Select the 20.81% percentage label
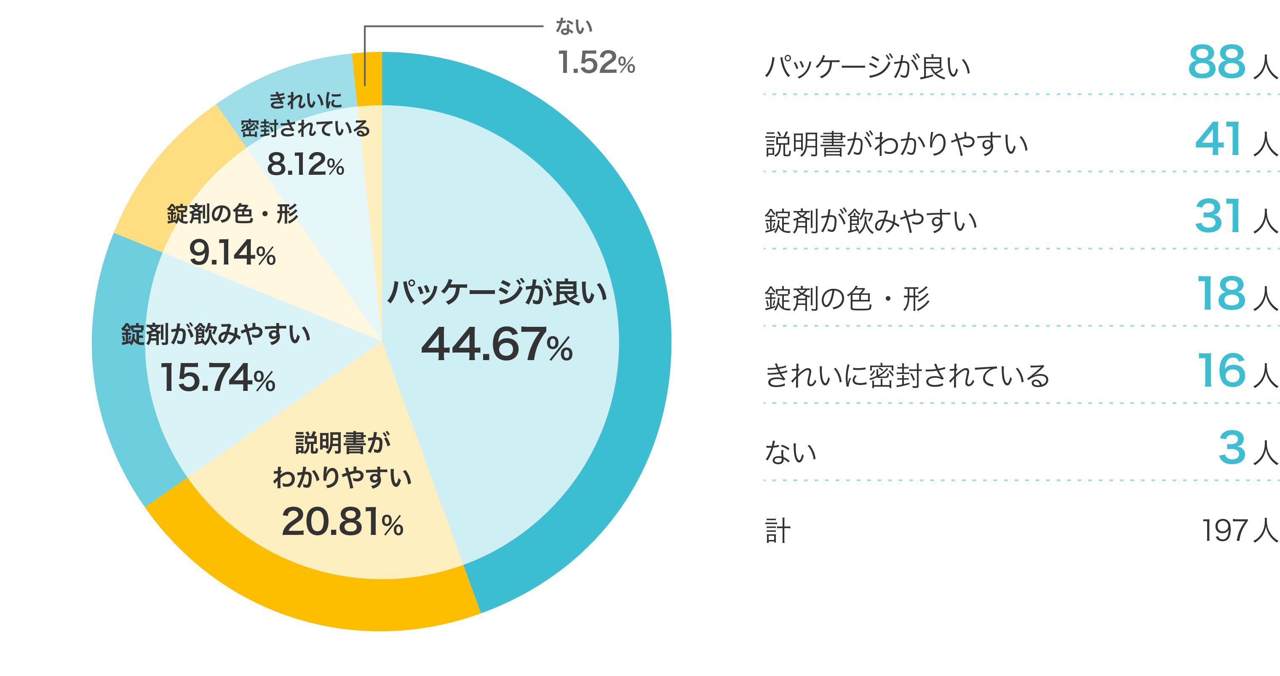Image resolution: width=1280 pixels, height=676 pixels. (x=342, y=522)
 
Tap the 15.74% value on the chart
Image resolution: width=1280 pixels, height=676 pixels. (x=217, y=378)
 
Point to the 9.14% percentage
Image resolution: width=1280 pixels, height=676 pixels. (x=232, y=253)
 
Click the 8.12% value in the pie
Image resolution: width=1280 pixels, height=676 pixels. (x=305, y=165)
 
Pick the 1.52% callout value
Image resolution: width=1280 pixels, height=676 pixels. (x=596, y=63)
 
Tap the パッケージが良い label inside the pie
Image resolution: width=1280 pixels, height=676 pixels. (x=497, y=292)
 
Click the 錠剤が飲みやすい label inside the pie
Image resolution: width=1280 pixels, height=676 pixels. (x=216, y=334)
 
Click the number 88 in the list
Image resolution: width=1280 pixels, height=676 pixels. (x=1216, y=63)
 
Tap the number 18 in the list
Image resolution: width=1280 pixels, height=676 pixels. (x=1221, y=294)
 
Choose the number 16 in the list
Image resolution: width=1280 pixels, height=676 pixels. (x=1221, y=371)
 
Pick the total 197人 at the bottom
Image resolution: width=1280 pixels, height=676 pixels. (x=1239, y=530)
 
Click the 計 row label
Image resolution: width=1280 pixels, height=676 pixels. (x=777, y=530)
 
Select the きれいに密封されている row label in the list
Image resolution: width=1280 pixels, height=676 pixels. (x=907, y=376)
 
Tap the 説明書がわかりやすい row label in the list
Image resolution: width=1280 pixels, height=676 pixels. (x=896, y=144)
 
